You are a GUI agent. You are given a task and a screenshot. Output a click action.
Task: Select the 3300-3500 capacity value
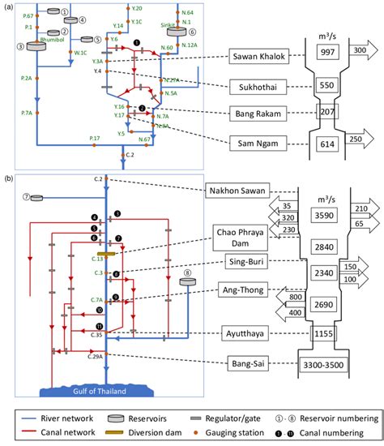coord(330,365)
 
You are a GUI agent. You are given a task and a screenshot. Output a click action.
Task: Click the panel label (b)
coord(8,177)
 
